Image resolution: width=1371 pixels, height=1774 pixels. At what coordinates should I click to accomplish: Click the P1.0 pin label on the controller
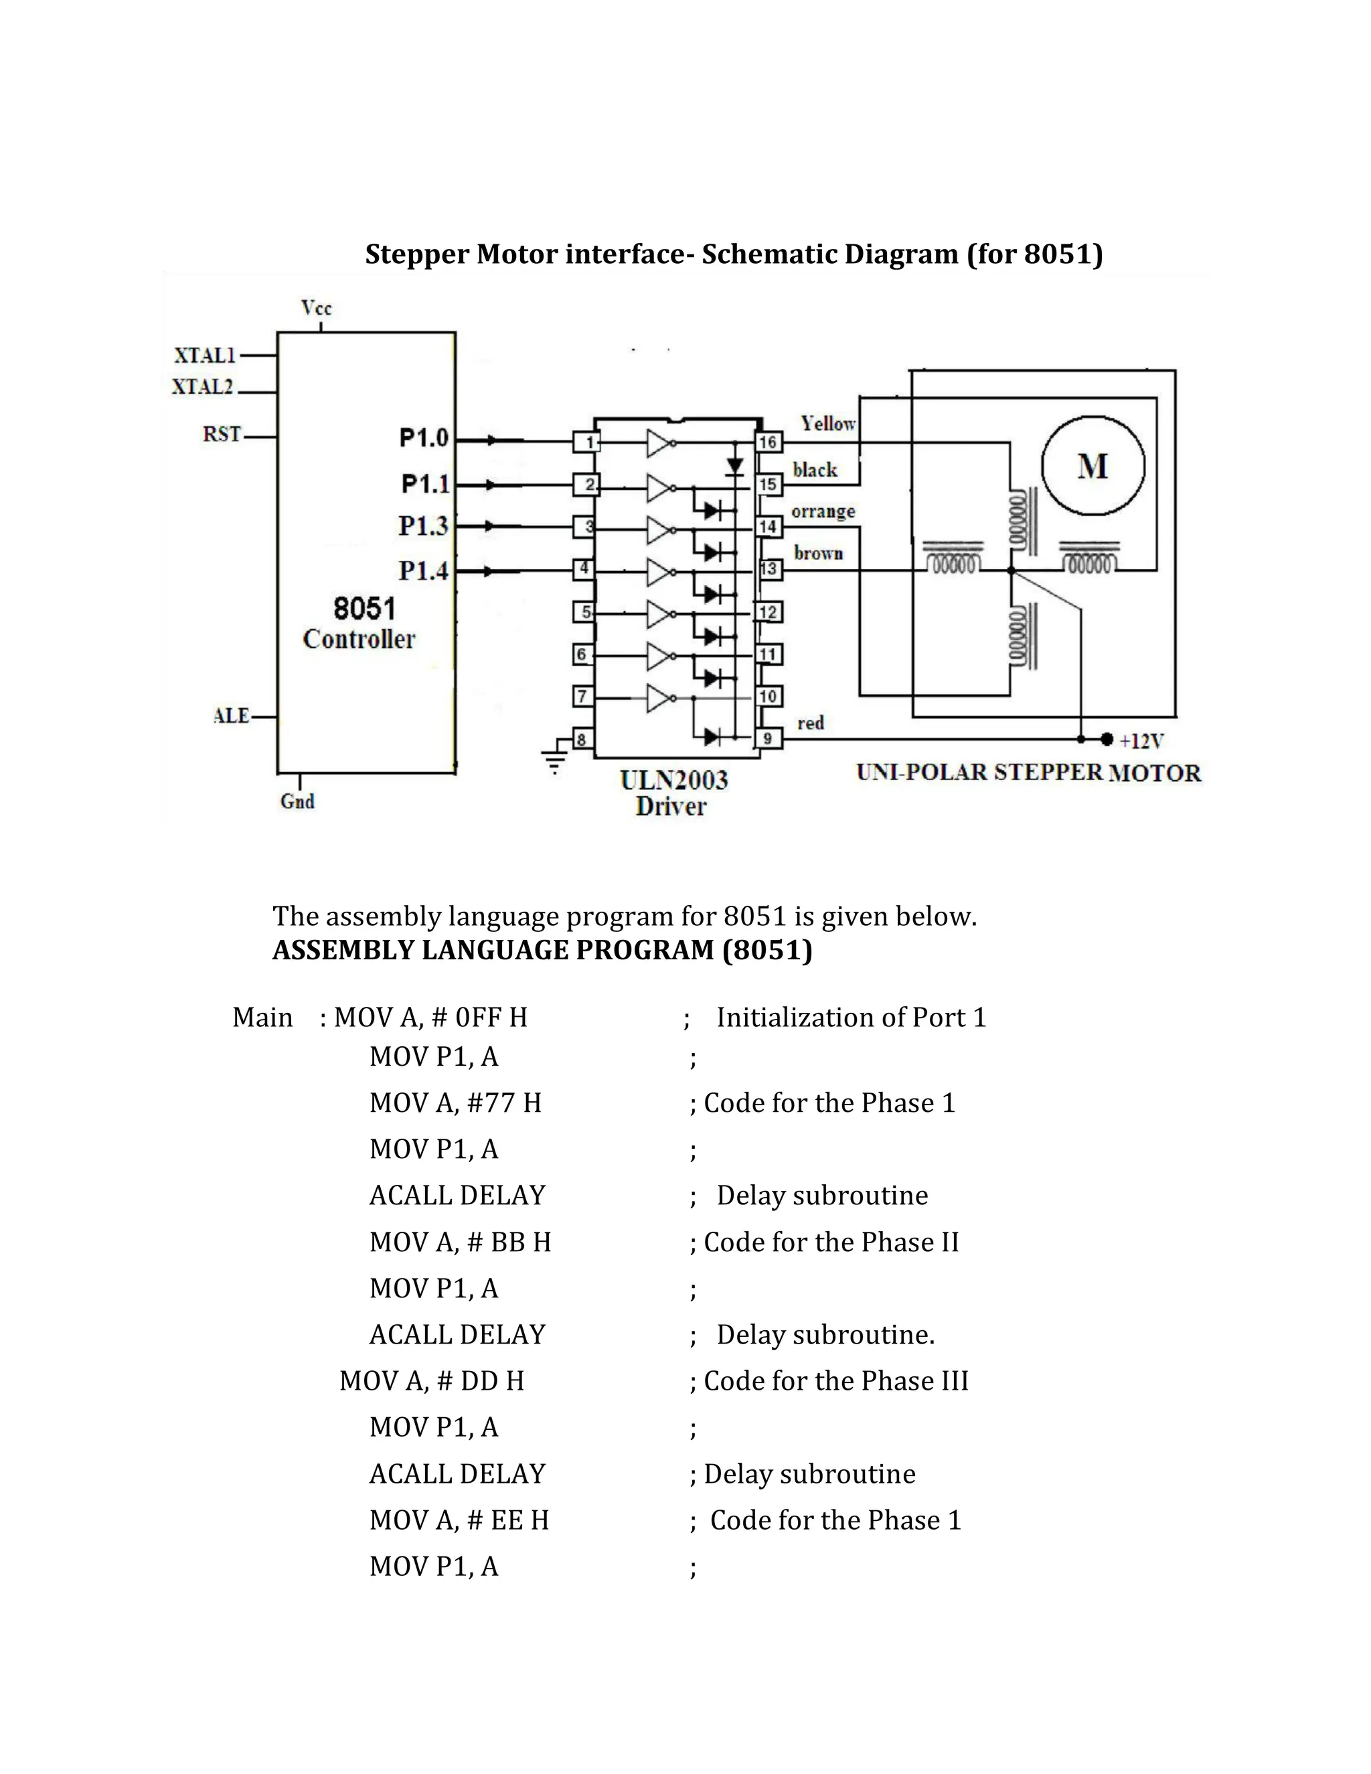coord(423,438)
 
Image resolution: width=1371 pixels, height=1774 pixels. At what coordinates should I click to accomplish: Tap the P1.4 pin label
coord(423,570)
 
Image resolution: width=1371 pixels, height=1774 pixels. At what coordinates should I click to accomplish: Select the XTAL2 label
coord(202,387)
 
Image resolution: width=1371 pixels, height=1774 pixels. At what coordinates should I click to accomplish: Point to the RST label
coord(222,434)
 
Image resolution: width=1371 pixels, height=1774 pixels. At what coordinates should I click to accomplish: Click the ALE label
coord(231,716)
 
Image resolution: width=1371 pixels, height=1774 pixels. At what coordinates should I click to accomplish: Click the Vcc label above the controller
coord(316,308)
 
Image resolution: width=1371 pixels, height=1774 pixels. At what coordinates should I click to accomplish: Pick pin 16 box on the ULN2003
coord(769,442)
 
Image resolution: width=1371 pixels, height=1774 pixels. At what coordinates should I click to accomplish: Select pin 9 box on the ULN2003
coord(769,738)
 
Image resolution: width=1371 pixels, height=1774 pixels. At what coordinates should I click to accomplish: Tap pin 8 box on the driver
coord(582,739)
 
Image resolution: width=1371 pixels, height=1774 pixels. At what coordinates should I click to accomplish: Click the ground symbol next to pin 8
coord(554,760)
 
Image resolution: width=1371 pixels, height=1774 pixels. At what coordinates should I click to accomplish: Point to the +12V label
coord(1141,741)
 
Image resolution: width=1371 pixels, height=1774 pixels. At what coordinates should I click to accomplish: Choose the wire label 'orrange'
coord(823,511)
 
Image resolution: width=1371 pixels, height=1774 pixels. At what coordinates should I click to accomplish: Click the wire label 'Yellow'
coord(827,423)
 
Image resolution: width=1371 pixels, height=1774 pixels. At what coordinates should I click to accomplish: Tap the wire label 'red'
coord(810,723)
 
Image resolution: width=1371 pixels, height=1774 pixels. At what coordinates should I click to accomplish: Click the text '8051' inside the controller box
coord(364,608)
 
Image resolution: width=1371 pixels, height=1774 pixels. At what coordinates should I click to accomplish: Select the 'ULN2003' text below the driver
coord(673,780)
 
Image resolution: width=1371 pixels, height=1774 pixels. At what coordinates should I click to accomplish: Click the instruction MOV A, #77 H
coord(455,1103)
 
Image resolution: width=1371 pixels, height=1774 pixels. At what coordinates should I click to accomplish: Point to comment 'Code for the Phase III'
coord(835,1380)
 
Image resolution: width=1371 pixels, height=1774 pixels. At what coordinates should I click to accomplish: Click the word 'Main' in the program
coord(262,1017)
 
